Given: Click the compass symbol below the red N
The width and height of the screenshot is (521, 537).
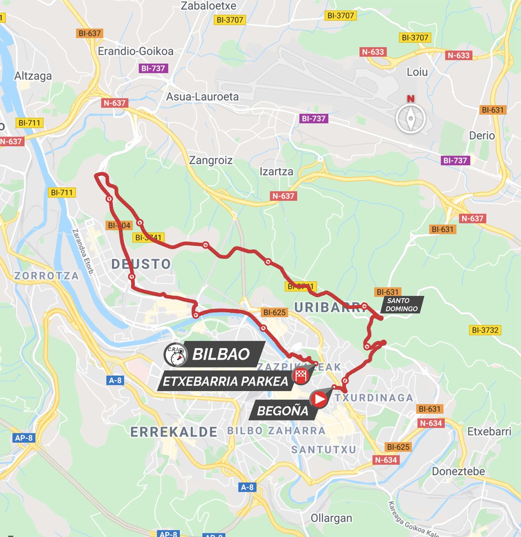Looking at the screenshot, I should (x=410, y=119).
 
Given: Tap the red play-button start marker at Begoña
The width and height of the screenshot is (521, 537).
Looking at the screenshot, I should (x=319, y=399).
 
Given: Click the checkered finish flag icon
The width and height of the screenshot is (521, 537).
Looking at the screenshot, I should (x=300, y=376).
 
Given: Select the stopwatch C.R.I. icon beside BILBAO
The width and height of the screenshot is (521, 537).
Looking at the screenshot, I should (x=175, y=355).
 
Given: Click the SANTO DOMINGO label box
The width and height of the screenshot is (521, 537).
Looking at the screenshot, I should (x=402, y=304).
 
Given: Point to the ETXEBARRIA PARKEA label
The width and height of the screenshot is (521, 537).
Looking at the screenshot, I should (x=225, y=382).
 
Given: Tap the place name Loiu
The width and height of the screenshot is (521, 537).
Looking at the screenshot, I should (x=417, y=72).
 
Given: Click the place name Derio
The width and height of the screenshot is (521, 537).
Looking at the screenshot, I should (x=481, y=135).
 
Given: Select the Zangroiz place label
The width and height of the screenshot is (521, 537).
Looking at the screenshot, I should (x=211, y=160).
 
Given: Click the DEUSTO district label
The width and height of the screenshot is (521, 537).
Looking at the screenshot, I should (x=141, y=264).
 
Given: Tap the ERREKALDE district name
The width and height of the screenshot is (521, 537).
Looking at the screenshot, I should (x=174, y=432).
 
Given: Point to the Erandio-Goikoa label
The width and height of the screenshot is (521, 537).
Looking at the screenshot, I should (x=135, y=51).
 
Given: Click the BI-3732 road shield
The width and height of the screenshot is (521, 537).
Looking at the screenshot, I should (x=485, y=330).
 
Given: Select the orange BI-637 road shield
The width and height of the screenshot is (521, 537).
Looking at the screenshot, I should (x=89, y=33).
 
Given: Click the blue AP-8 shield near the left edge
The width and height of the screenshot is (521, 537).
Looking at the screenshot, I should (x=23, y=438).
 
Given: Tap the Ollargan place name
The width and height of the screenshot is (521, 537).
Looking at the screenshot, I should (x=331, y=518).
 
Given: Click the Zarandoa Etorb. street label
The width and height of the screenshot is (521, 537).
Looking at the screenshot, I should (x=82, y=252).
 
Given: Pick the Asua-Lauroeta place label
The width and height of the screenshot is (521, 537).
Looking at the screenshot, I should (x=202, y=96).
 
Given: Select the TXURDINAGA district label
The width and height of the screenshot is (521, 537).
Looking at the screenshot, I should (x=373, y=397).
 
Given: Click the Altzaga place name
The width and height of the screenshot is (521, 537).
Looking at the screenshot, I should (x=33, y=76).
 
